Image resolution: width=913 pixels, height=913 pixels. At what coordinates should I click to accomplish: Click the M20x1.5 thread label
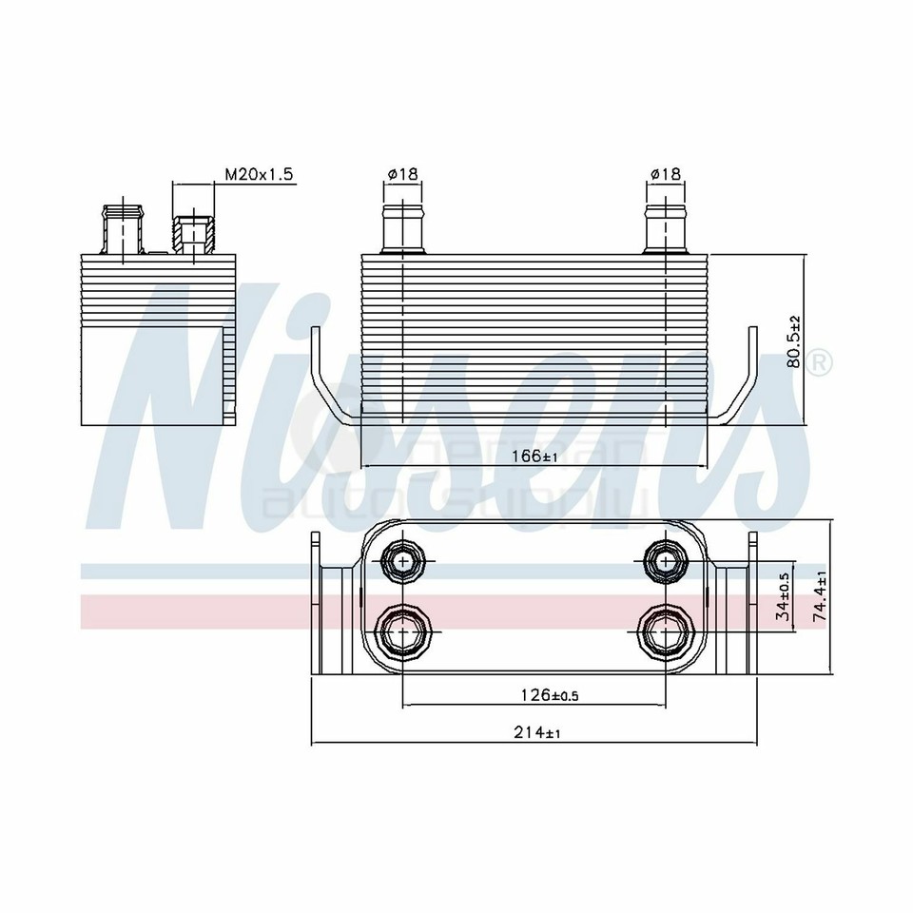click(259, 174)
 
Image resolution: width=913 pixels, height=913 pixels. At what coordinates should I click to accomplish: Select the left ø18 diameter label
click(402, 174)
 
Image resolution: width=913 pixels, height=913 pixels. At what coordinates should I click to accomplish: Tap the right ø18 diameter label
click(666, 174)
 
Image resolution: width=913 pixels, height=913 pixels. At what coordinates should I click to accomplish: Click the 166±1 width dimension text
click(535, 456)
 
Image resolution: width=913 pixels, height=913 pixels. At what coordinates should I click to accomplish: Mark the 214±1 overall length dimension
click(535, 733)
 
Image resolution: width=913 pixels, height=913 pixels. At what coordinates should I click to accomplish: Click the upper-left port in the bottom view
click(403, 561)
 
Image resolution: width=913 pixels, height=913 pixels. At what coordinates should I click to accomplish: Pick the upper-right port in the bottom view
click(666, 561)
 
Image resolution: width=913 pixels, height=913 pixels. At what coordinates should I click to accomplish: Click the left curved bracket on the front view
click(328, 380)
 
